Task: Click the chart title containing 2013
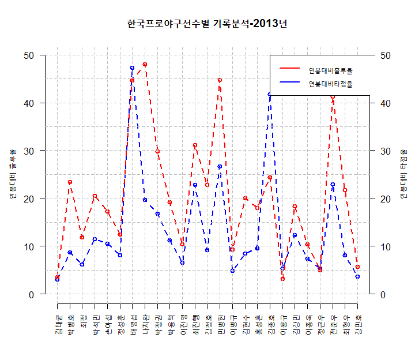(x=207, y=24)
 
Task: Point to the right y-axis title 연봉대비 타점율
(x=402, y=174)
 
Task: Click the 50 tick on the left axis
(x=28, y=55)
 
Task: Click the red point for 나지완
(x=145, y=65)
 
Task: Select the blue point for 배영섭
(x=132, y=68)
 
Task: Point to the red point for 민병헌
(x=220, y=80)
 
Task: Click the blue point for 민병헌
(x=220, y=167)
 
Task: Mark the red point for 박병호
(x=70, y=182)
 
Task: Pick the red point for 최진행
(x=195, y=145)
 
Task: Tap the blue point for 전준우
(x=333, y=185)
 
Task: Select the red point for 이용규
(x=282, y=279)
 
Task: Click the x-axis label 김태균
(x=58, y=324)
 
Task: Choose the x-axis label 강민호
(x=358, y=324)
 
